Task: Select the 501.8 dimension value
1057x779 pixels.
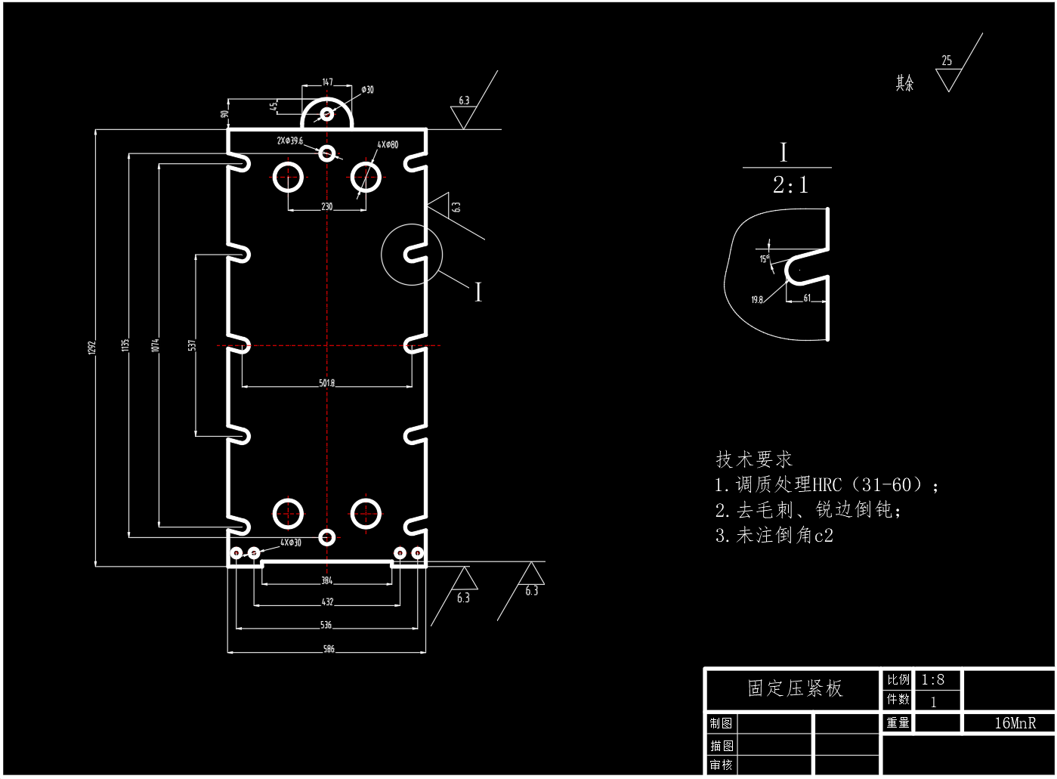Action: coord(326,383)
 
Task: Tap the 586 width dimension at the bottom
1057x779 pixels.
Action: coord(329,649)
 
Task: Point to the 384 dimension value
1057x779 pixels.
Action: coord(326,581)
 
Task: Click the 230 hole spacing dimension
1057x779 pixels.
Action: coord(326,206)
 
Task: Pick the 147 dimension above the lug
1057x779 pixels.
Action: coord(327,82)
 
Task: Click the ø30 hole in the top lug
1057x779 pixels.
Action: coord(326,114)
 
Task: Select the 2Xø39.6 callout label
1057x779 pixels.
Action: coord(289,141)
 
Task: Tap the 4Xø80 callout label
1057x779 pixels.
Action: coord(388,144)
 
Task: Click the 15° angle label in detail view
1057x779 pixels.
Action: coord(764,259)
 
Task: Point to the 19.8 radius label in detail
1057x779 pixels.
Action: coord(757,300)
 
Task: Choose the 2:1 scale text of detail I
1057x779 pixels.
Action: coord(790,185)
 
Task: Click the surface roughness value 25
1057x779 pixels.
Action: coord(947,60)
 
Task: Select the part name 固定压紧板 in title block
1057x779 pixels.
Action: coord(794,688)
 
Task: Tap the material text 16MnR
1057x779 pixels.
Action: coord(1014,723)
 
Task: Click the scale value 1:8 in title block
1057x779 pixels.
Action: coord(932,679)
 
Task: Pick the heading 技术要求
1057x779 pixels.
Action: coord(754,459)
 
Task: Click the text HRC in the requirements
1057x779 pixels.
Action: coord(827,485)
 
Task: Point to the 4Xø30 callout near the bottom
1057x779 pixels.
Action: coord(291,543)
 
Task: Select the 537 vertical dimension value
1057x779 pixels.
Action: coord(192,345)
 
